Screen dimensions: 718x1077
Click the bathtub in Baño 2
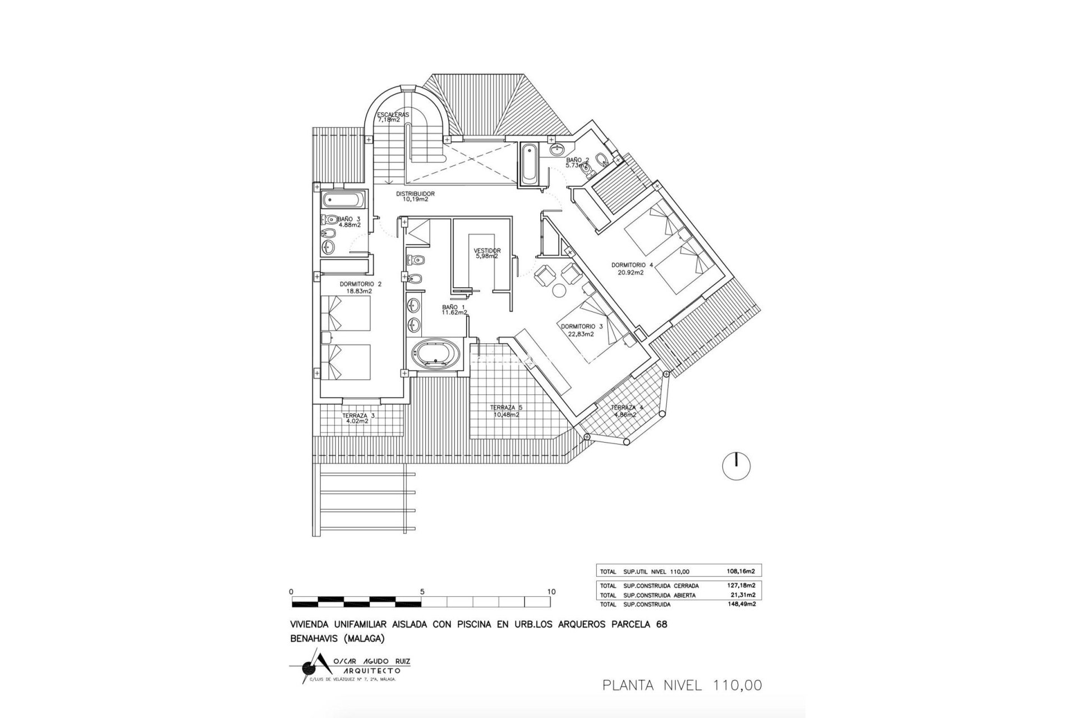point(529,164)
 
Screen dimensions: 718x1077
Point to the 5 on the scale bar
point(421,592)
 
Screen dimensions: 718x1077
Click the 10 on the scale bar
point(551,592)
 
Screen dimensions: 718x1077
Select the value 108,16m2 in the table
point(741,572)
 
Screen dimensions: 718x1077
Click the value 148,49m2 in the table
point(741,605)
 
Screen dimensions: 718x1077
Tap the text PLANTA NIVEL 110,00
point(682,685)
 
